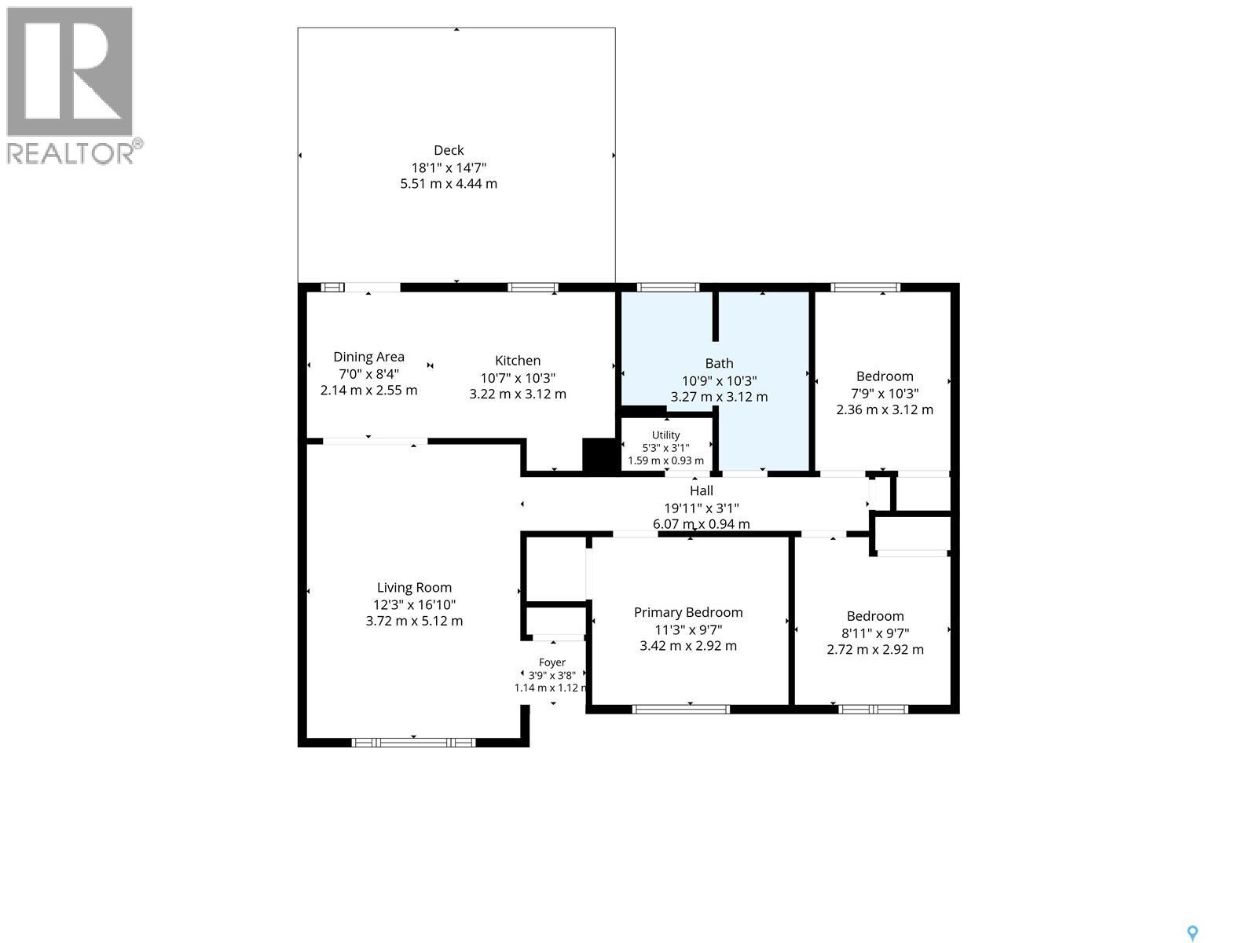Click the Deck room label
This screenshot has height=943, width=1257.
[449, 150]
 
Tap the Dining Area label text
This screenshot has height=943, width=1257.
[368, 357]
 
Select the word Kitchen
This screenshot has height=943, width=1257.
[518, 360]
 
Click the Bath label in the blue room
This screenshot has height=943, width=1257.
[719, 363]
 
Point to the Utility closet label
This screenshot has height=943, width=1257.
[665, 435]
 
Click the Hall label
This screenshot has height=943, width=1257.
[701, 490]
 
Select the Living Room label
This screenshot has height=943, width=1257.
[414, 588]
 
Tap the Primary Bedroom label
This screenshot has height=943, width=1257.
[687, 612]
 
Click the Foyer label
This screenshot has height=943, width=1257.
[552, 662]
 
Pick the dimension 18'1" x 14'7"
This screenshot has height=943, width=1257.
[449, 167]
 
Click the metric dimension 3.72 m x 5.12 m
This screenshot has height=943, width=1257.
[414, 621]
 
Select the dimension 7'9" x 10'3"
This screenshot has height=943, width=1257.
[884, 394]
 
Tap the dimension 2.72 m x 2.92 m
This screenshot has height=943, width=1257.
[874, 649]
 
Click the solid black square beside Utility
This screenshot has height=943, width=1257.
[599, 456]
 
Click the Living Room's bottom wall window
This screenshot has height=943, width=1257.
[413, 743]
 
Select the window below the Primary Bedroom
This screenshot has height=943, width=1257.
[681, 710]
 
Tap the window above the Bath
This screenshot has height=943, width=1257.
[668, 288]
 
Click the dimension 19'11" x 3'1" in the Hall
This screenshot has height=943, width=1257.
[701, 508]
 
